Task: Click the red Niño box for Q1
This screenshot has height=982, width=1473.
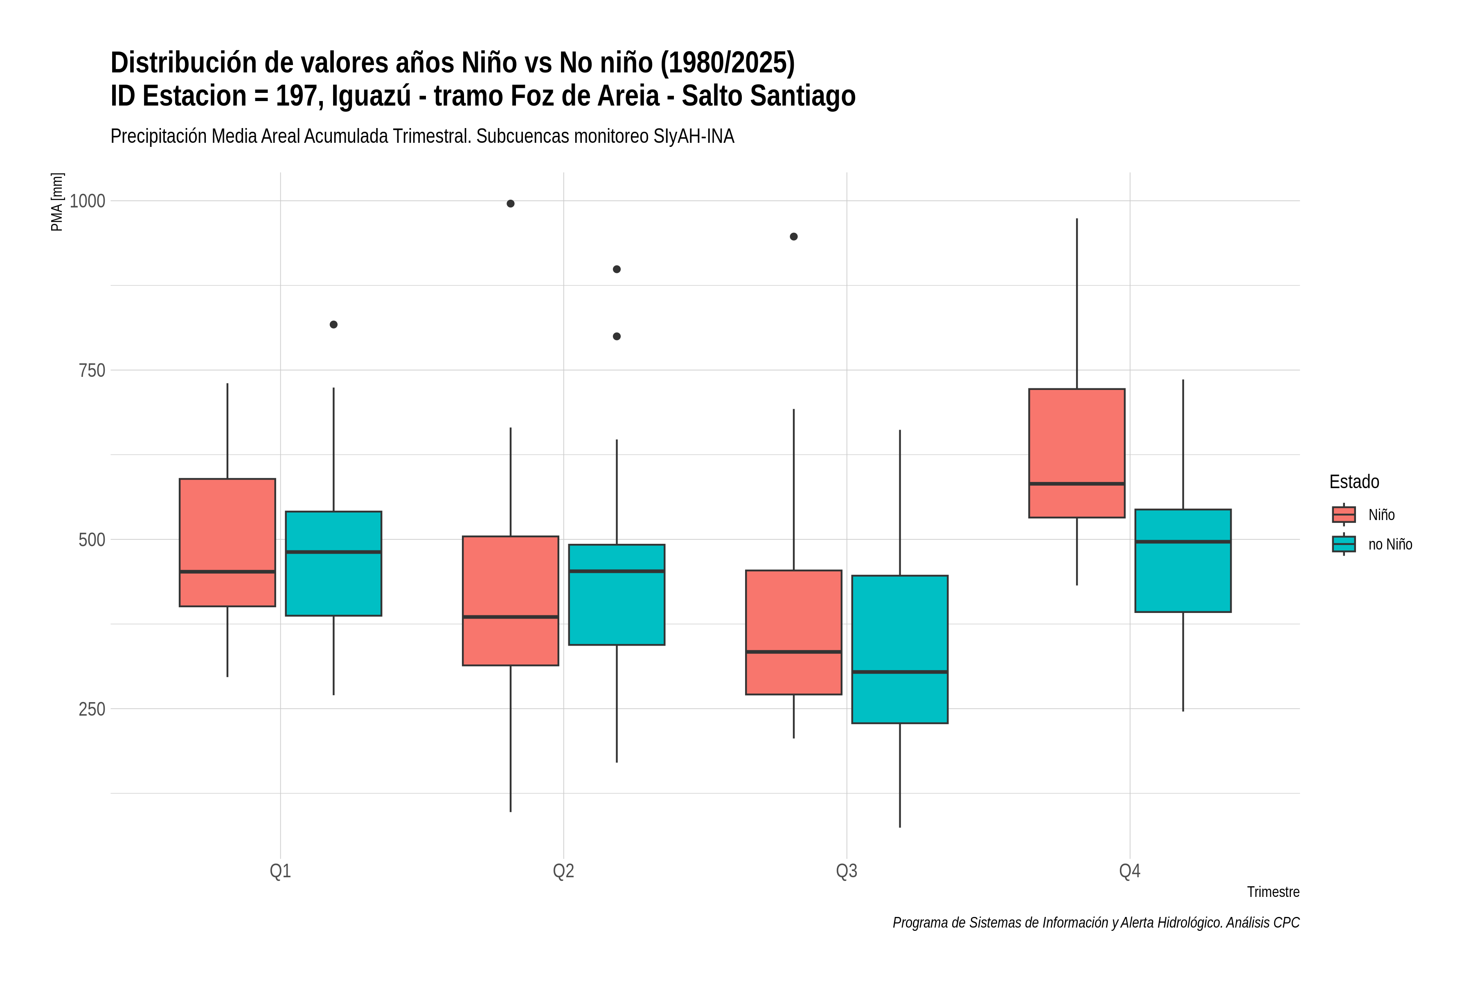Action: point(227,543)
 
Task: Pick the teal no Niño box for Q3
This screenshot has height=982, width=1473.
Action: point(900,649)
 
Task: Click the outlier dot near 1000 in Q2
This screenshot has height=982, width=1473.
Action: point(510,203)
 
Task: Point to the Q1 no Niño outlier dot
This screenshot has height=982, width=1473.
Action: point(334,324)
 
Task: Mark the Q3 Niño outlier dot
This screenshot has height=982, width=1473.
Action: point(793,237)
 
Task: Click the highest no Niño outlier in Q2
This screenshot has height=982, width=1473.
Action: point(617,269)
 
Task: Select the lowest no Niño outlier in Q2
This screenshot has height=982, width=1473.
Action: point(617,336)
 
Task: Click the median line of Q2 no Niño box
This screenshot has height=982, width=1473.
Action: point(617,571)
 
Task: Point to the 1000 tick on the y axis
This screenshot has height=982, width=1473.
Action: point(88,201)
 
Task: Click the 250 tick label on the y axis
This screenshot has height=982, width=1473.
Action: point(92,709)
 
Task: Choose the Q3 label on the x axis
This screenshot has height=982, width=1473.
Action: point(847,871)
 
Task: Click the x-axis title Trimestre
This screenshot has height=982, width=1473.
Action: point(1273,892)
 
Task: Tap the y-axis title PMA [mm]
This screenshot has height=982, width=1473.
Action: point(57,202)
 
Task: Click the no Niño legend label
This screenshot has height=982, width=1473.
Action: point(1390,544)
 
